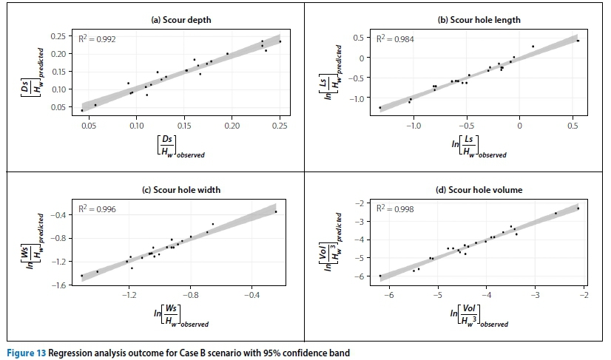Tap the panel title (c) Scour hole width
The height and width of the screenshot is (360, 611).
(181, 190)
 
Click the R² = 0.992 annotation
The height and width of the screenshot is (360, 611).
(97, 38)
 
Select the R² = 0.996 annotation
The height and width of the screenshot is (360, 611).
(97, 209)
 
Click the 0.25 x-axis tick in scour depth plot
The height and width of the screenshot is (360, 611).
(280, 126)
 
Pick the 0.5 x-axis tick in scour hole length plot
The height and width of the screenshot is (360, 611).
(573, 126)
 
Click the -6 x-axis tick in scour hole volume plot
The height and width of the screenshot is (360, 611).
(388, 295)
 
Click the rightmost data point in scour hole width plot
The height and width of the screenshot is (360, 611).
(276, 212)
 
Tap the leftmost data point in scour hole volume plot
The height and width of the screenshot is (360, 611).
(380, 276)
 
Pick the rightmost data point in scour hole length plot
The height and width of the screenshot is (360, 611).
(578, 41)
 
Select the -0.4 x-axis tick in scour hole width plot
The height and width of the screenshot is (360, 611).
(252, 295)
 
